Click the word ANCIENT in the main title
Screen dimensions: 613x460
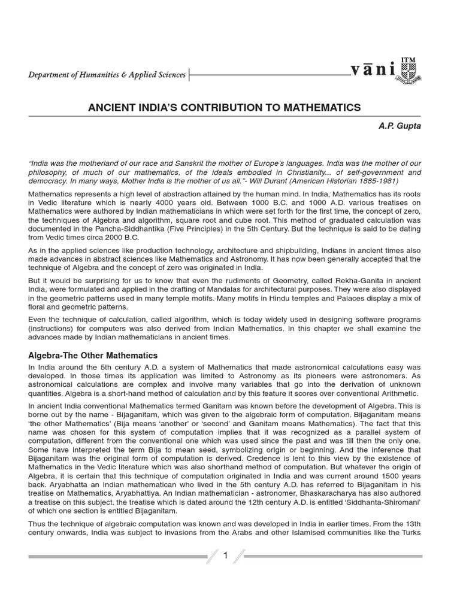tap(110, 108)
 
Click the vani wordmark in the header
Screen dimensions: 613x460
tap(373, 71)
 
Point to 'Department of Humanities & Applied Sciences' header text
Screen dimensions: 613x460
tap(107, 75)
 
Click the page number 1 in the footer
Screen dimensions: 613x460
tap(226, 556)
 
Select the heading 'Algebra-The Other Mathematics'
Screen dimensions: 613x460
tap(93, 356)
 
